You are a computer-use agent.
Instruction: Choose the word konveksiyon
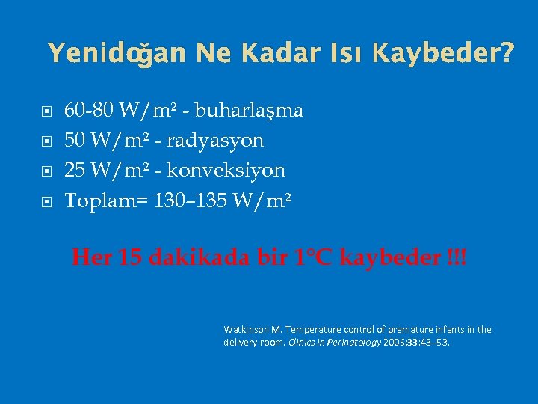pos(226,170)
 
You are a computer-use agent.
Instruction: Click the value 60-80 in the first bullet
pos(88,111)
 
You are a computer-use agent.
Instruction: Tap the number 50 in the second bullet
pos(75,140)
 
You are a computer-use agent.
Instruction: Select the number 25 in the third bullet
pos(75,170)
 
